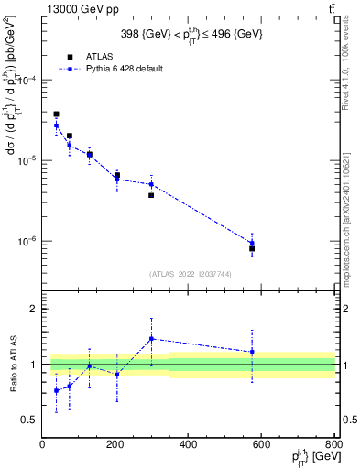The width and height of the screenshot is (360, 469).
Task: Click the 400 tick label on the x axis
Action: tap(188, 446)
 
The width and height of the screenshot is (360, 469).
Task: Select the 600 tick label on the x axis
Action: tap(261, 446)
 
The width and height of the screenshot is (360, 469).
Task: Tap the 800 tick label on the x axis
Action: tap(333, 446)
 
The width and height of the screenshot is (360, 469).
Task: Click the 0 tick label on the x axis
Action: tap(43, 446)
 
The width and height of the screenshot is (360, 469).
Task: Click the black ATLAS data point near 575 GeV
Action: tap(252, 248)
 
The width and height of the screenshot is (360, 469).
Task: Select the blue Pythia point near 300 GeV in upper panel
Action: tap(151, 184)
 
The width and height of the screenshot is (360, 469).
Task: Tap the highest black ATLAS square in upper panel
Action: tap(56, 115)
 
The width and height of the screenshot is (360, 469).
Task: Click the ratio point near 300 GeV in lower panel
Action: tap(151, 338)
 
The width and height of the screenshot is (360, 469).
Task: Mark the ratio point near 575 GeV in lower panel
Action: tap(252, 352)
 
